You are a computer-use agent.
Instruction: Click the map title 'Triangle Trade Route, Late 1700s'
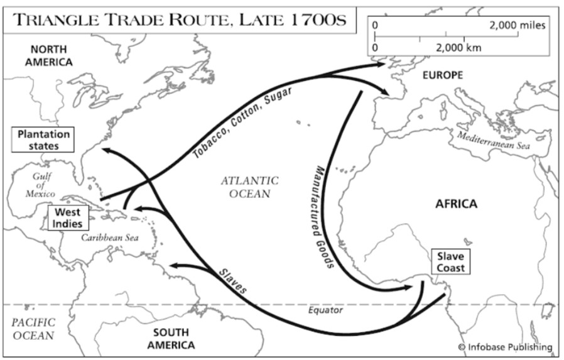point(180,19)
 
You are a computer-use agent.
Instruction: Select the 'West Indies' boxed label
point(67,218)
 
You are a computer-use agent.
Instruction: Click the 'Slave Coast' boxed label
point(451,261)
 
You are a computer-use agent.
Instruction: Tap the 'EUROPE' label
point(442,75)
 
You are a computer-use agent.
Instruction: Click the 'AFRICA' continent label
point(456,204)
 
